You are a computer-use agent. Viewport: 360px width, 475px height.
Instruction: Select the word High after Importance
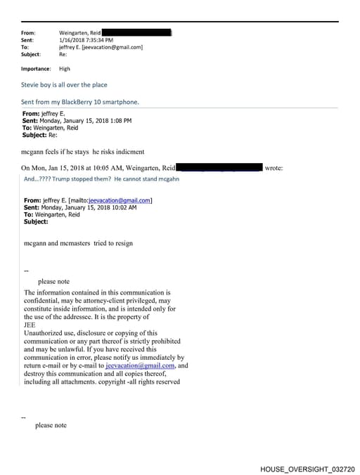tap(64, 69)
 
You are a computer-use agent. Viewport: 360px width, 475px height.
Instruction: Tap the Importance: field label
tap(36, 69)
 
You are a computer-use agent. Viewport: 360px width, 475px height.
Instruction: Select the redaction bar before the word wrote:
tap(219, 167)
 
